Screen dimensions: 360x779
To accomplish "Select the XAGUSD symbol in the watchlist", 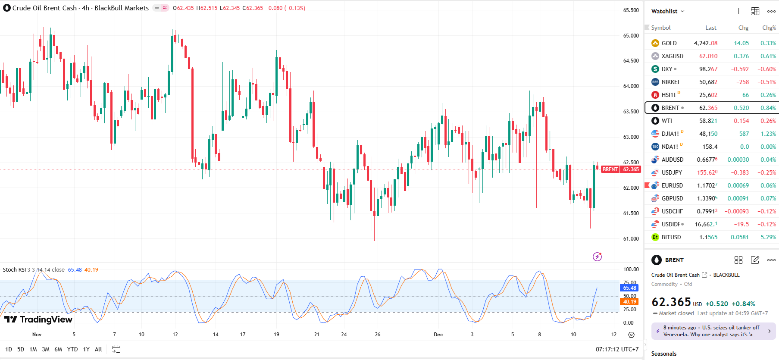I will (672, 56).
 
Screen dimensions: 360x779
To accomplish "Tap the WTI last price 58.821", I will (708, 121).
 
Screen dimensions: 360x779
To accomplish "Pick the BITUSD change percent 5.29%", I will (768, 237).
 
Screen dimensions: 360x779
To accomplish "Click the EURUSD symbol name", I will (672, 185).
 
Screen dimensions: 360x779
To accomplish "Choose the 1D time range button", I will (9, 349).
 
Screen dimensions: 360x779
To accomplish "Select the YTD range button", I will (72, 349).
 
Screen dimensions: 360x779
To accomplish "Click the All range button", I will (98, 349).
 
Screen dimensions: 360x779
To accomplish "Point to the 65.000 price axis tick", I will (631, 36).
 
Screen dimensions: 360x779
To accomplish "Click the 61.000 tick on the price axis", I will (631, 239).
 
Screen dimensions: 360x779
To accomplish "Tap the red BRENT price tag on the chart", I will (610, 169).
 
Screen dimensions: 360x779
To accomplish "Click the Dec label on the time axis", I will (438, 335).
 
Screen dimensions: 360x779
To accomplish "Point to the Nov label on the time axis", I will (37, 335).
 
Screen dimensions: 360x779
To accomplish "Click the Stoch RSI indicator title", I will (15, 270).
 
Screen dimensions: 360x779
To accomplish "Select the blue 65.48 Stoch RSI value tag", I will (629, 288).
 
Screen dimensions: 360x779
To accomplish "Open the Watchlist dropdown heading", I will (667, 11).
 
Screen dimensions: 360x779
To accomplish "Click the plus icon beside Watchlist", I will (738, 11).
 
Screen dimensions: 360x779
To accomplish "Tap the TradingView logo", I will (39, 319).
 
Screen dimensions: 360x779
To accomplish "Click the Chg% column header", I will (769, 28).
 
